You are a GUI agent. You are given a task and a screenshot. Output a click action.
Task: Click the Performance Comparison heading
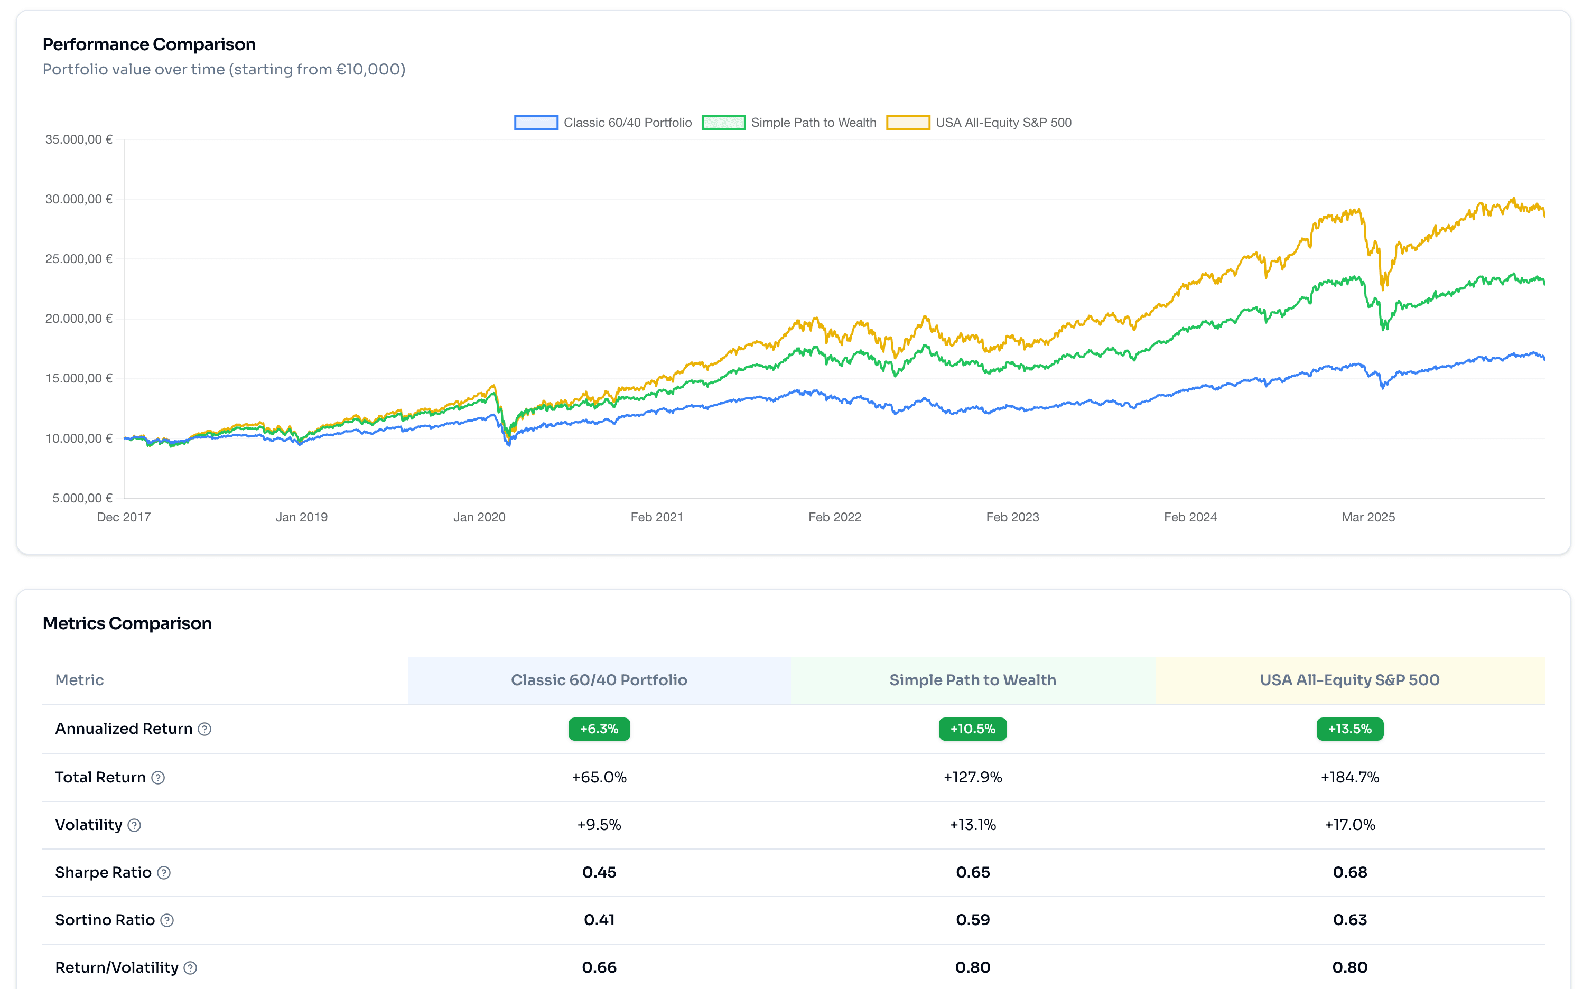click(149, 44)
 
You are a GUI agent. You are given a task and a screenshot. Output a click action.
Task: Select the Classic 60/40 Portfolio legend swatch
click(536, 123)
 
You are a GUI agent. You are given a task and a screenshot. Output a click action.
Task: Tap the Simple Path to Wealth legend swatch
click(723, 123)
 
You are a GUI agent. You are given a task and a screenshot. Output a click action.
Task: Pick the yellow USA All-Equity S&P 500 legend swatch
click(907, 123)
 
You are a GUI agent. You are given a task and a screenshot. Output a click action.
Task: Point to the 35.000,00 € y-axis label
click(79, 139)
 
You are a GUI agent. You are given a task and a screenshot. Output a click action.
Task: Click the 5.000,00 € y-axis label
click(82, 498)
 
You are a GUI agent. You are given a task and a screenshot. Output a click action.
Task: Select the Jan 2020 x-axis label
click(479, 517)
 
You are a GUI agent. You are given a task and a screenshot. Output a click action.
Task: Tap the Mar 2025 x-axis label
click(1368, 517)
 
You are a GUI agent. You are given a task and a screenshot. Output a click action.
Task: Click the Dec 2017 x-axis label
click(124, 517)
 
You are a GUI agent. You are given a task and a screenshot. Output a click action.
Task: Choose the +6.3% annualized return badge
click(599, 729)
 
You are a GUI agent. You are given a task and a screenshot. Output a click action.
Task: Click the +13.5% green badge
click(1349, 729)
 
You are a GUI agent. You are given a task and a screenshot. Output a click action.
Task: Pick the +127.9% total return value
click(972, 777)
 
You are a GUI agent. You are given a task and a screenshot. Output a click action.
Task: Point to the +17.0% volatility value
click(1349, 825)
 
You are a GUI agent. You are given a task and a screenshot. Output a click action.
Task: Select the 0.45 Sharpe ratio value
click(599, 873)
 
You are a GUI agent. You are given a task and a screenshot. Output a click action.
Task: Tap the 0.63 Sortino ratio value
click(1349, 920)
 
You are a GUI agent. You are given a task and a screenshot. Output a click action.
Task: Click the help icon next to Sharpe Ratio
click(164, 873)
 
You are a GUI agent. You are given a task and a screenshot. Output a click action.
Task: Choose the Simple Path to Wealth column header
click(972, 680)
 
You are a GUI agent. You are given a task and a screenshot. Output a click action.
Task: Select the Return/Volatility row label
click(116, 967)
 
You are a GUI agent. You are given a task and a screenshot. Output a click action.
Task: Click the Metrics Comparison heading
click(127, 623)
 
